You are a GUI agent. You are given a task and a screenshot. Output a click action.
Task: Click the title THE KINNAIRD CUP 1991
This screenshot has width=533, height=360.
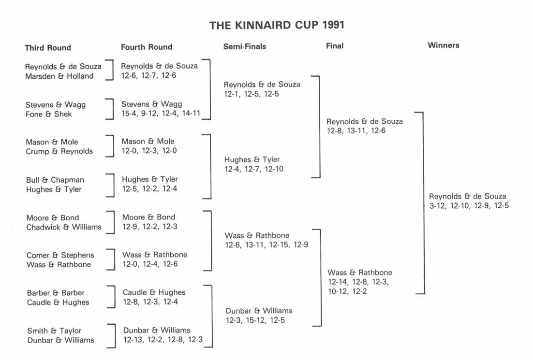pos(277,25)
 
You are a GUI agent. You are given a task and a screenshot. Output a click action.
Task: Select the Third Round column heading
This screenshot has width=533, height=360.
pos(48,47)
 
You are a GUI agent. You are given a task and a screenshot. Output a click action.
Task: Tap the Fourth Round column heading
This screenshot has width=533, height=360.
pos(147,47)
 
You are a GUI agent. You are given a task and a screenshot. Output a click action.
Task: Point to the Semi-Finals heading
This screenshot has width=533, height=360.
pos(245,46)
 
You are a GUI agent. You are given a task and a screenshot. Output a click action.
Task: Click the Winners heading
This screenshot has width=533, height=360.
pos(444,45)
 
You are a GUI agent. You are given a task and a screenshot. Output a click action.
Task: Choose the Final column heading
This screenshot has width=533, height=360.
pos(335,46)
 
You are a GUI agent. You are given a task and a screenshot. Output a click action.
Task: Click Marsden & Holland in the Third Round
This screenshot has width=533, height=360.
pos(59,76)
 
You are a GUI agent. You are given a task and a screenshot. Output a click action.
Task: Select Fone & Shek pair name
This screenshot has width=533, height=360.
pos(49,114)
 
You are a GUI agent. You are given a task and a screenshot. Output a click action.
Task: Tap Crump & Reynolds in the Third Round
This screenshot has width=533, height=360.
pos(59,151)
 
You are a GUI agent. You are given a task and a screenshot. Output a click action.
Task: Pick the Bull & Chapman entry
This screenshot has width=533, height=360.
pos(55,180)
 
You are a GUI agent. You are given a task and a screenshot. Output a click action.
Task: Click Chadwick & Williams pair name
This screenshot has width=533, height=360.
pos(64,227)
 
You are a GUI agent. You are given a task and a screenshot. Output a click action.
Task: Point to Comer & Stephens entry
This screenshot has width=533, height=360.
pos(60,255)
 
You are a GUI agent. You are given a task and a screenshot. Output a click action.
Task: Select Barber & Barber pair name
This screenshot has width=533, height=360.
pos(56,293)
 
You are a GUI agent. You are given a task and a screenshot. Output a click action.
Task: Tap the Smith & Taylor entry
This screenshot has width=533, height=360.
pos(54,331)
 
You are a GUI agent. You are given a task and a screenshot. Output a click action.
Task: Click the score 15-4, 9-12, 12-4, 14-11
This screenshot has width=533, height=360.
pos(161,114)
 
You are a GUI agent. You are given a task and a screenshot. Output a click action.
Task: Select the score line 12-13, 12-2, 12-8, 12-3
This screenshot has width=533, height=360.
pos(163,340)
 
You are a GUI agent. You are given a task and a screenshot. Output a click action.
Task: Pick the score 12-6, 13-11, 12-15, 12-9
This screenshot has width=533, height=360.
pos(266,245)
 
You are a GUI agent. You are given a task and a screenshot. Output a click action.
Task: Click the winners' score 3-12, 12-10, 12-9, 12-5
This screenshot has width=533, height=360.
pos(469,206)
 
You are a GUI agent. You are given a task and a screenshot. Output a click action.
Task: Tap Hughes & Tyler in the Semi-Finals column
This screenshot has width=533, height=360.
pos(252,159)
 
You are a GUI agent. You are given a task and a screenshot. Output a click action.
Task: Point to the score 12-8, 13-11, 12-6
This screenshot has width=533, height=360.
pos(356,130)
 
